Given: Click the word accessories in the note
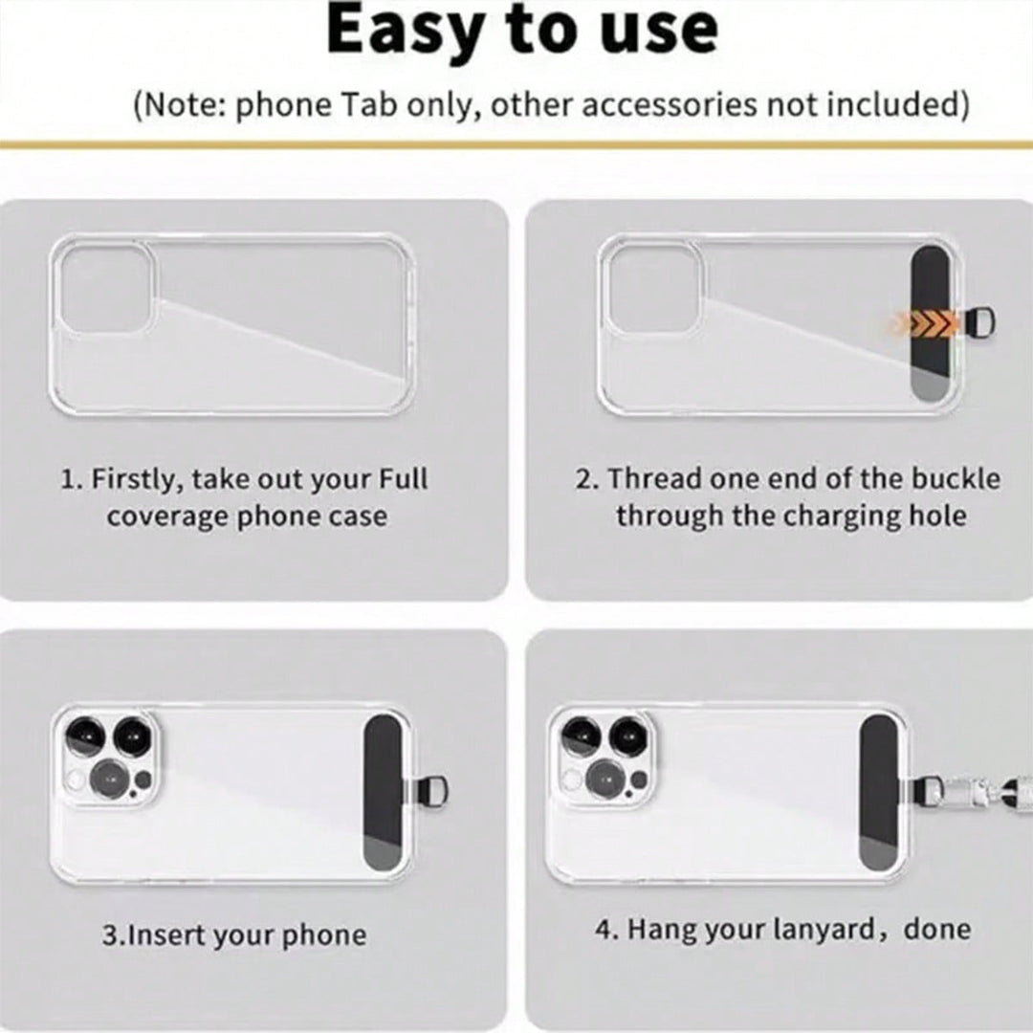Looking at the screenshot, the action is pos(669,105).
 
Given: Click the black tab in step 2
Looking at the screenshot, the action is pos(934,322).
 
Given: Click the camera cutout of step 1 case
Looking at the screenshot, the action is pos(104,287).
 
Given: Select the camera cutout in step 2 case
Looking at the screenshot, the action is pos(653,287).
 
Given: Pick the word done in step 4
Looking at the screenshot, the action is pos(936,929).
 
